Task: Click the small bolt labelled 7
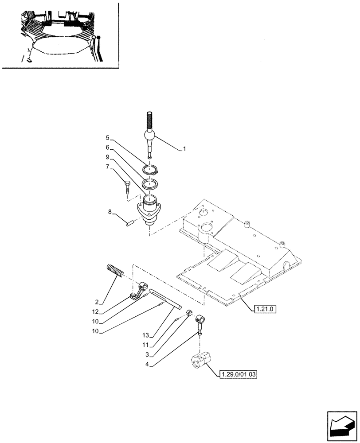(128, 187)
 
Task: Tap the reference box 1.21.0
(265, 308)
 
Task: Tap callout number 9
(107, 157)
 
